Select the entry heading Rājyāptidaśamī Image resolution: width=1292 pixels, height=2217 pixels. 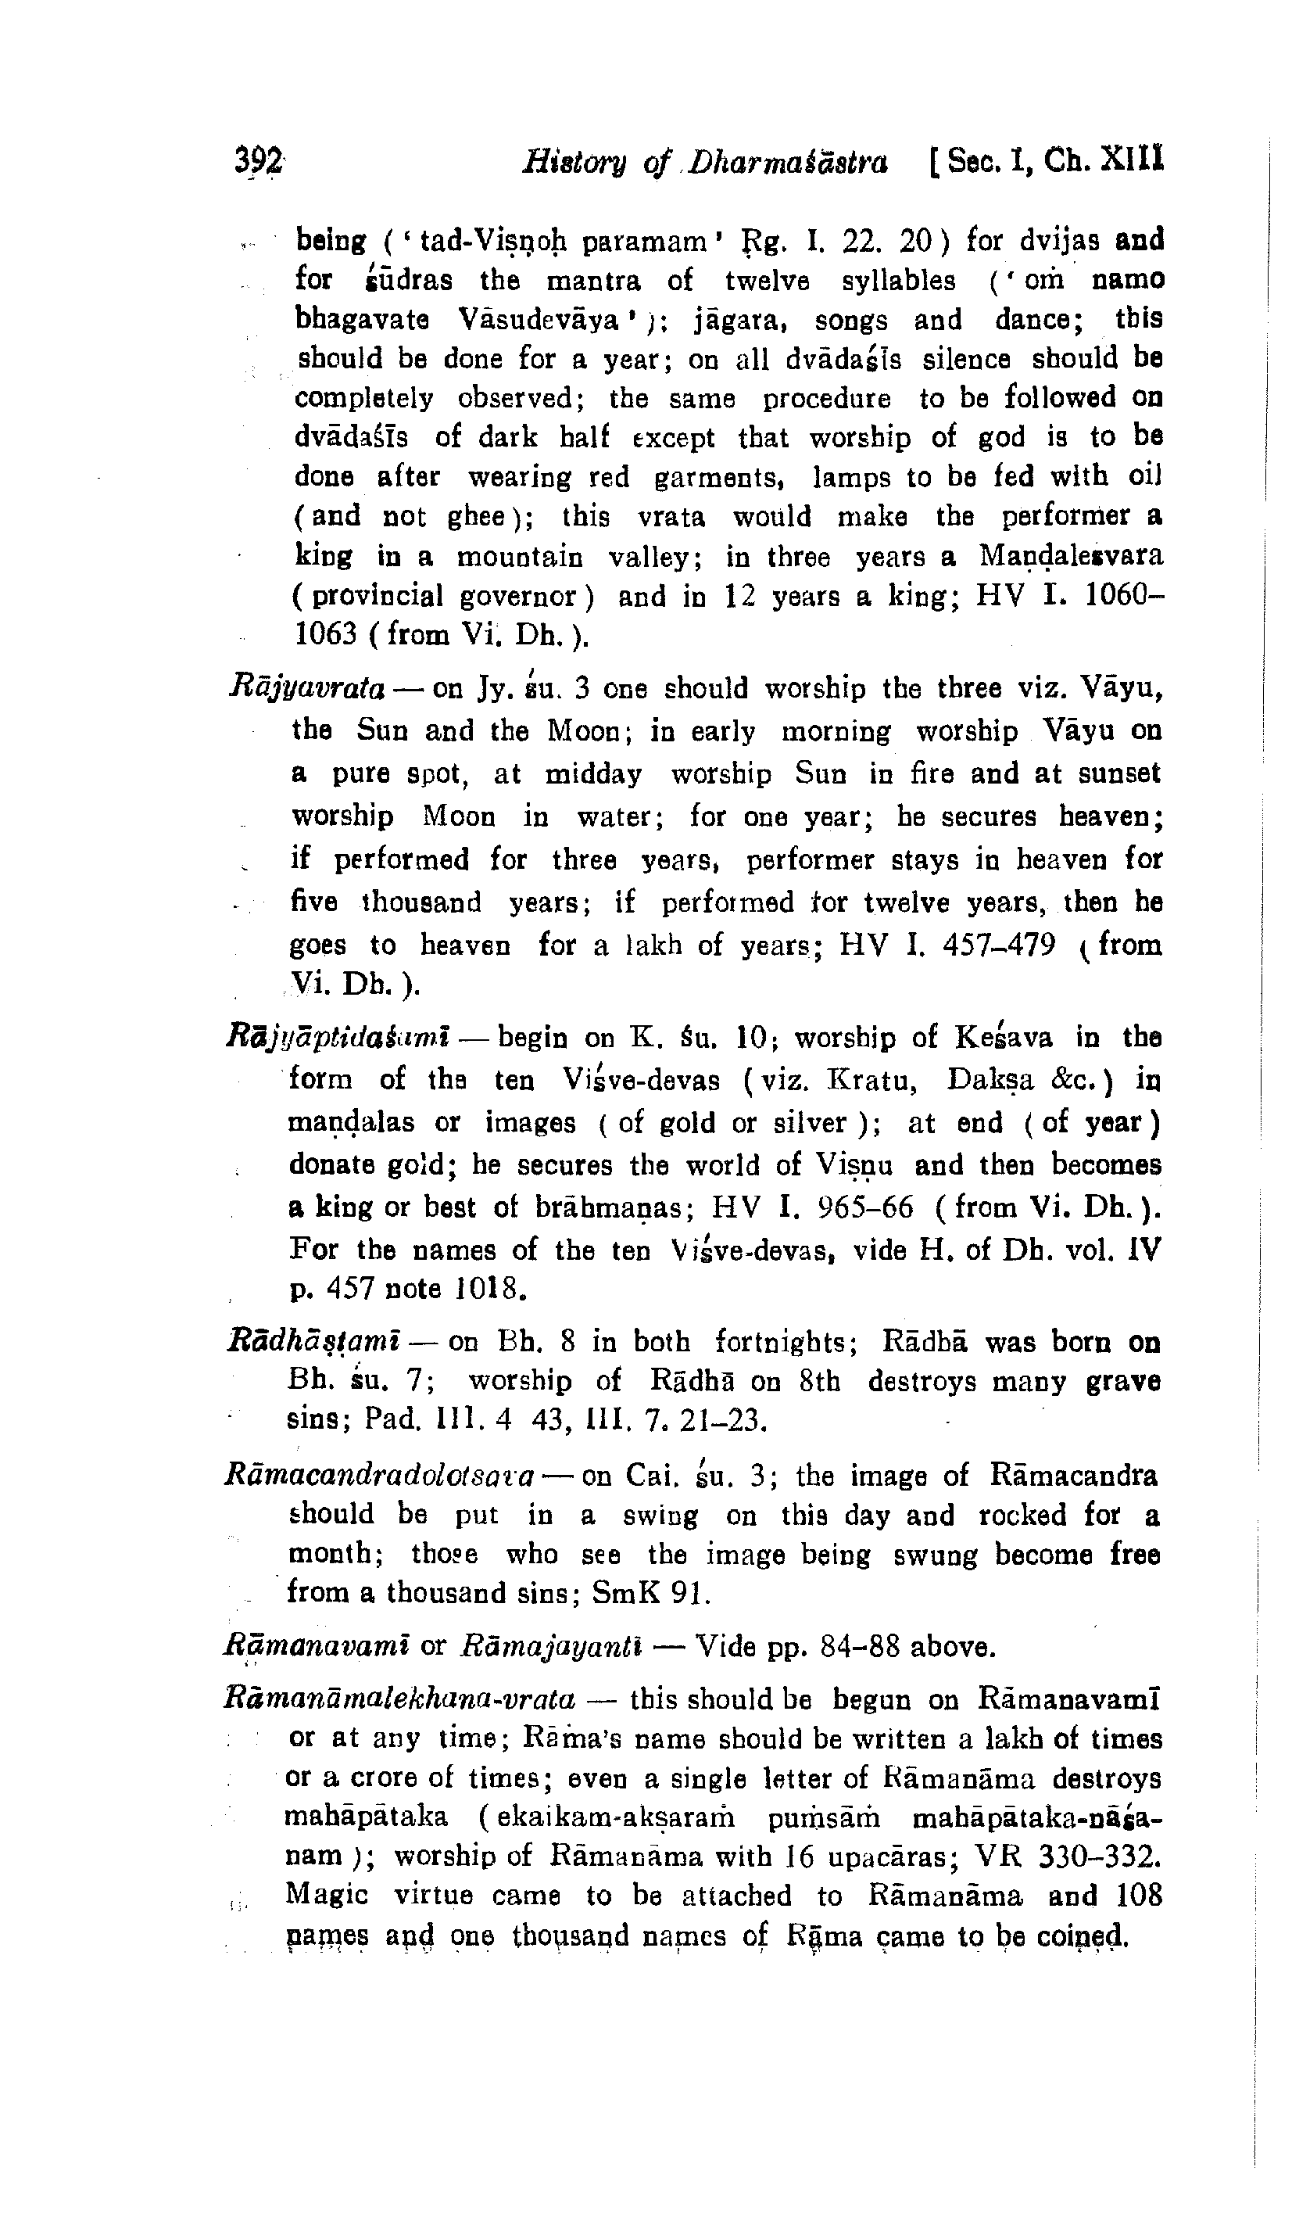pos(338,1039)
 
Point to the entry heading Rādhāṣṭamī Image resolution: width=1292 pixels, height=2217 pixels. pos(314,1343)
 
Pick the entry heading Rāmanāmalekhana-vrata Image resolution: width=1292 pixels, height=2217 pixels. pos(399,1698)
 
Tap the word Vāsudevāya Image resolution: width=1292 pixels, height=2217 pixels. pos(539,319)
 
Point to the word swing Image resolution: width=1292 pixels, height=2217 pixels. pos(660,1515)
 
